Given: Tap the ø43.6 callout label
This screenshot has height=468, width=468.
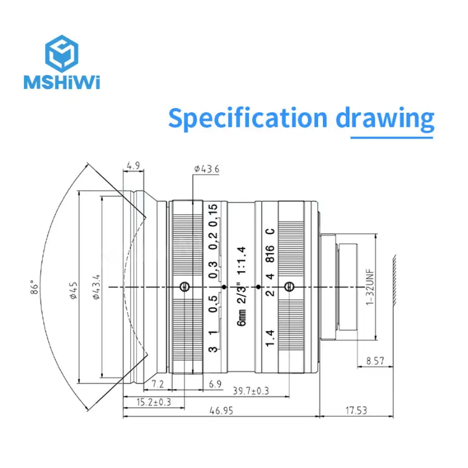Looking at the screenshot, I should pos(206,168).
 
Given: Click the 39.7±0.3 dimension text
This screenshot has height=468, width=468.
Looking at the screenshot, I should pos(251,391).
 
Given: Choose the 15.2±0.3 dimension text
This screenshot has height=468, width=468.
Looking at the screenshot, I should pos(147,401).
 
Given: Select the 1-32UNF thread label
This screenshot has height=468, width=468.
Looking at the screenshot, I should pos(370,287).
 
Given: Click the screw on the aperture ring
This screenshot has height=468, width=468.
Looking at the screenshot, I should pos(289,287).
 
